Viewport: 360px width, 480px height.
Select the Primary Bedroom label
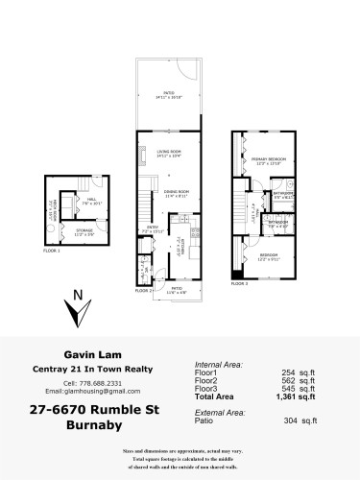tap(266, 160)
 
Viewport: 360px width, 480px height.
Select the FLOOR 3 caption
tap(239, 283)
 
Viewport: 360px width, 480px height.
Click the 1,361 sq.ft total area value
tap(293, 396)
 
